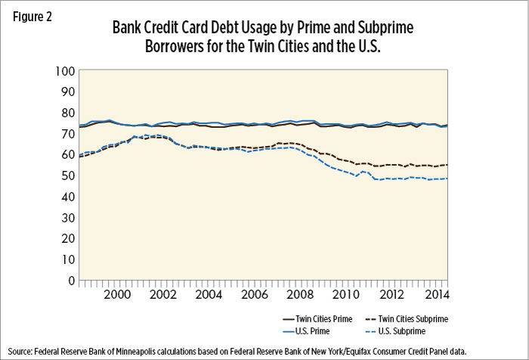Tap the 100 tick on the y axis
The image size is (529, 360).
64,71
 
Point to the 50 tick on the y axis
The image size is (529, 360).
67,175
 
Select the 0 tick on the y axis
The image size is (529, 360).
70,280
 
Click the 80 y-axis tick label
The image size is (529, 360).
67,113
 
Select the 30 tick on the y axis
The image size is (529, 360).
67,217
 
